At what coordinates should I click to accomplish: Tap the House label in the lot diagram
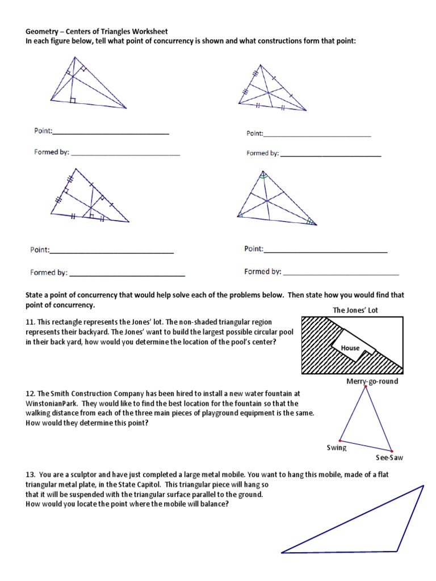click(x=350, y=347)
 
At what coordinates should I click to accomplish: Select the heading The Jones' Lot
click(x=355, y=310)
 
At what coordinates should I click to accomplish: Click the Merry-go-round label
click(x=372, y=381)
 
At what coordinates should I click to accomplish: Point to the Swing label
click(x=336, y=448)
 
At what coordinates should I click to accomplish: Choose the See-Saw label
click(x=389, y=457)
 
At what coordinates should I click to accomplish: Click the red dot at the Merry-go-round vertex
click(x=365, y=386)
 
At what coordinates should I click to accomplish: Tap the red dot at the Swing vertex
click(x=340, y=440)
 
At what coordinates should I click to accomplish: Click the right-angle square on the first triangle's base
click(x=72, y=100)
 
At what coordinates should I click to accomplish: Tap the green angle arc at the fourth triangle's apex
click(x=263, y=176)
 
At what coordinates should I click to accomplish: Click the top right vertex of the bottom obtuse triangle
click(x=424, y=486)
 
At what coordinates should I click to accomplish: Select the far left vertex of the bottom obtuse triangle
click(x=282, y=552)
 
